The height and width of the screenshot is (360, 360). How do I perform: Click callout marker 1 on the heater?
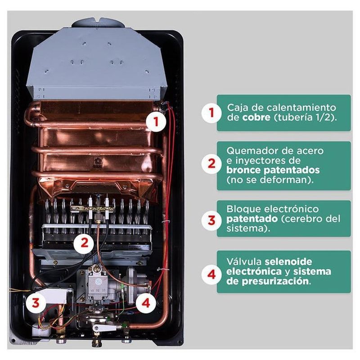click(156, 121)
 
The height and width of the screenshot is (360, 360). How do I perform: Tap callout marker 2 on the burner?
click(84, 243)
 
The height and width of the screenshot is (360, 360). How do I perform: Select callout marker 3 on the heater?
click(36, 303)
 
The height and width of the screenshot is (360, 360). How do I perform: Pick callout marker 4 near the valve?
click(146, 303)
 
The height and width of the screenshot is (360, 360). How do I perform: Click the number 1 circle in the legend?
click(211, 112)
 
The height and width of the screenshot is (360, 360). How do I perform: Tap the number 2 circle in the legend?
click(211, 164)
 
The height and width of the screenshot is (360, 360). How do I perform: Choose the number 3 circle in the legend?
click(211, 220)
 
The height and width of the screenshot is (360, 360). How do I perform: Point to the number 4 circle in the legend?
click(211, 274)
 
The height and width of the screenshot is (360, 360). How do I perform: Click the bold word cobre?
click(256, 117)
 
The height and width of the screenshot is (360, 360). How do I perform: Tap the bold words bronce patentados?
click(273, 171)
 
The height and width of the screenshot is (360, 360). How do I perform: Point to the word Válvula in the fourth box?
click(244, 261)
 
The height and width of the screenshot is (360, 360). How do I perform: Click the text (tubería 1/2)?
click(305, 117)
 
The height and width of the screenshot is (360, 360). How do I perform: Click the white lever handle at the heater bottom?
click(104, 328)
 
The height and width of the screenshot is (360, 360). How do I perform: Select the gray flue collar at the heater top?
click(99, 23)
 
